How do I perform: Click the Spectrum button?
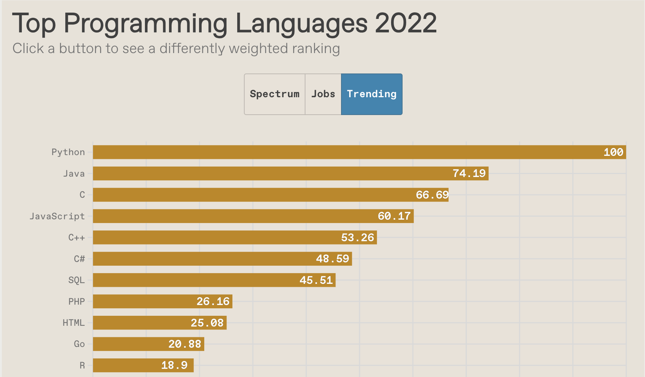tap(275, 94)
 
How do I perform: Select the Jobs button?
tap(323, 94)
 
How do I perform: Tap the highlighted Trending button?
tap(371, 94)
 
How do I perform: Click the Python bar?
tap(334, 152)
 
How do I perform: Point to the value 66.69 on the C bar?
tap(432, 195)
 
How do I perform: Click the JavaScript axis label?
tap(57, 216)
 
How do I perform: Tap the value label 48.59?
tap(333, 259)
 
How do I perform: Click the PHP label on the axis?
tap(77, 302)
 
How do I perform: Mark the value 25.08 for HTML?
tap(207, 323)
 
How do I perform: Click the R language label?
tap(82, 365)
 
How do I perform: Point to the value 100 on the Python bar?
tap(613, 152)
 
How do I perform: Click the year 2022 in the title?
tap(406, 23)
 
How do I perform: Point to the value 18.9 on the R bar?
tap(174, 365)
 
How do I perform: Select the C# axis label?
tap(79, 259)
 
